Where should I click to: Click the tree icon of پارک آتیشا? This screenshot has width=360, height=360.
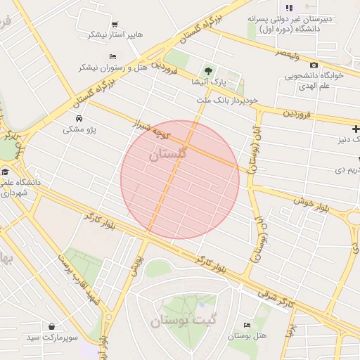[207, 71]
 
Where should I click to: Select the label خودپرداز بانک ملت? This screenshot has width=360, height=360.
[227, 101]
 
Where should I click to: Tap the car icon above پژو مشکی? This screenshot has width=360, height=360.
[78, 118]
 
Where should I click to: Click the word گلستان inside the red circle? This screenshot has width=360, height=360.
[169, 154]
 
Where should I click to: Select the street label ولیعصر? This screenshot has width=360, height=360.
[287, 53]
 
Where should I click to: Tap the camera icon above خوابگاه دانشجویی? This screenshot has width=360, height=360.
[314, 65]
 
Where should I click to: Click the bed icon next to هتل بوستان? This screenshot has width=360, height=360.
[246, 325]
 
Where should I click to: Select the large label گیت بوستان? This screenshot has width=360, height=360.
[181, 321]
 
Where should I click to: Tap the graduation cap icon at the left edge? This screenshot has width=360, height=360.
[5, 172]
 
